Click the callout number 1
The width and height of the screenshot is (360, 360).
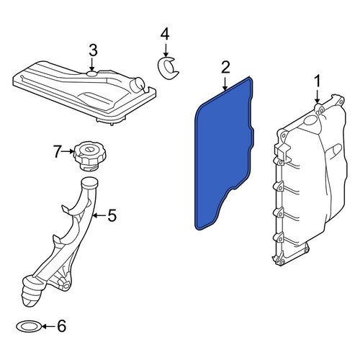pyautogui.click(x=318, y=81)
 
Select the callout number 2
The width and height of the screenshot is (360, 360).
pyautogui.click(x=225, y=68)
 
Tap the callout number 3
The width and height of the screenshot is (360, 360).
pyautogui.click(x=93, y=51)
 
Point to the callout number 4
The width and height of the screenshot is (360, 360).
pyautogui.click(x=165, y=34)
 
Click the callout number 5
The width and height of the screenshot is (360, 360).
pyautogui.click(x=112, y=215)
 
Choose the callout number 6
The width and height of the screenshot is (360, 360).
pyautogui.click(x=61, y=326)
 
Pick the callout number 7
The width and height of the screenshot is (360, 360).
pyautogui.click(x=57, y=152)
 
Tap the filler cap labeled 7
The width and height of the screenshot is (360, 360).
pyautogui.click(x=90, y=156)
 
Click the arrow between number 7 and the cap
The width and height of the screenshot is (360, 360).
pyautogui.click(x=68, y=151)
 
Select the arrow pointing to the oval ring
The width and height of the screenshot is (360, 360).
pyautogui.click(x=49, y=326)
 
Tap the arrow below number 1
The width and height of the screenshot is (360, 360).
pyautogui.click(x=318, y=96)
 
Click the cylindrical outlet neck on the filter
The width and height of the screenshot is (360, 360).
pyautogui.click(x=138, y=85)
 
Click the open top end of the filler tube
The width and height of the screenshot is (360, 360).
pyautogui.click(x=89, y=181)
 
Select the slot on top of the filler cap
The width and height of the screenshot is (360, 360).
pyautogui.click(x=89, y=150)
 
